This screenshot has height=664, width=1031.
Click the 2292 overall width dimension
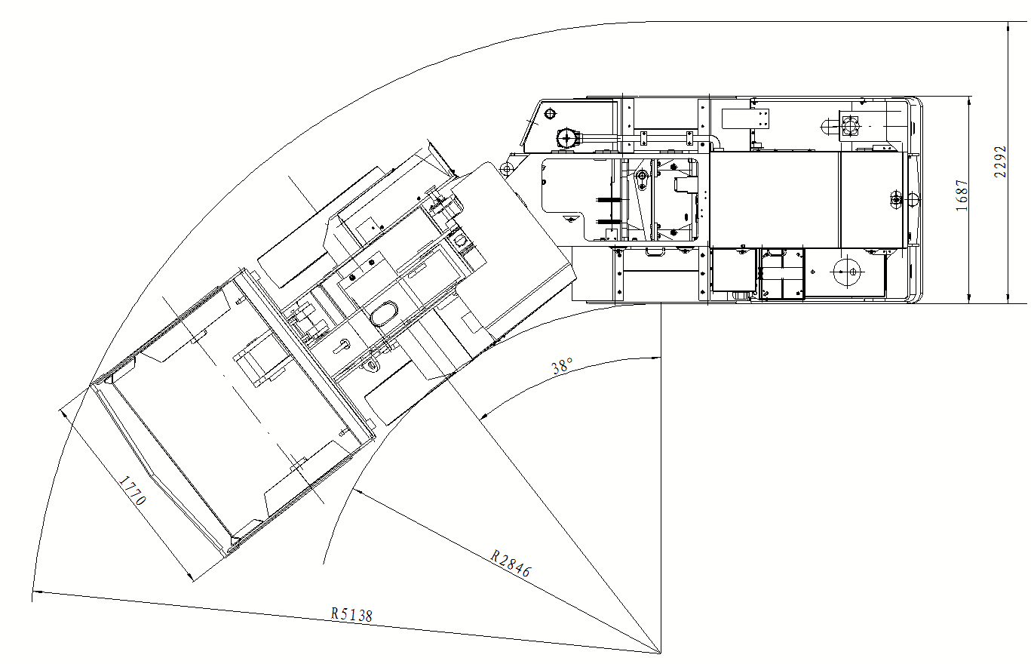(1000, 161)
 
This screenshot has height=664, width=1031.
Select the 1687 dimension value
(962, 195)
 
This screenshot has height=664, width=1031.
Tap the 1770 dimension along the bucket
(133, 491)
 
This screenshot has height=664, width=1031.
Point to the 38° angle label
(562, 366)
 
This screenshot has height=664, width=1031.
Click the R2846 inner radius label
(511, 564)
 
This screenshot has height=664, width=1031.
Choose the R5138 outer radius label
(351, 615)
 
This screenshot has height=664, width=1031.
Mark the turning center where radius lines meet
(660, 653)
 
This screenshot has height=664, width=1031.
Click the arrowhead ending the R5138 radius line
(37, 592)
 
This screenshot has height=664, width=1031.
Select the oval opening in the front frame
(384, 314)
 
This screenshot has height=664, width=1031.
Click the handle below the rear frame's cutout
(655, 252)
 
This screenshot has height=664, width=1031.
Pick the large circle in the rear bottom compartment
(848, 271)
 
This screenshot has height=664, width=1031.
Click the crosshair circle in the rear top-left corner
(551, 113)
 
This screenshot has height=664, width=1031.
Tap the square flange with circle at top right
(849, 124)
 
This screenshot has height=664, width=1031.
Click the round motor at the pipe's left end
(566, 137)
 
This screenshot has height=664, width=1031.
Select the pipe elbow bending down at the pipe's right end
(714, 141)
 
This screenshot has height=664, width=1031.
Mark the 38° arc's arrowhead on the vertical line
(655, 358)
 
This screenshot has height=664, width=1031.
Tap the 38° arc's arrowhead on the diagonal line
(484, 415)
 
